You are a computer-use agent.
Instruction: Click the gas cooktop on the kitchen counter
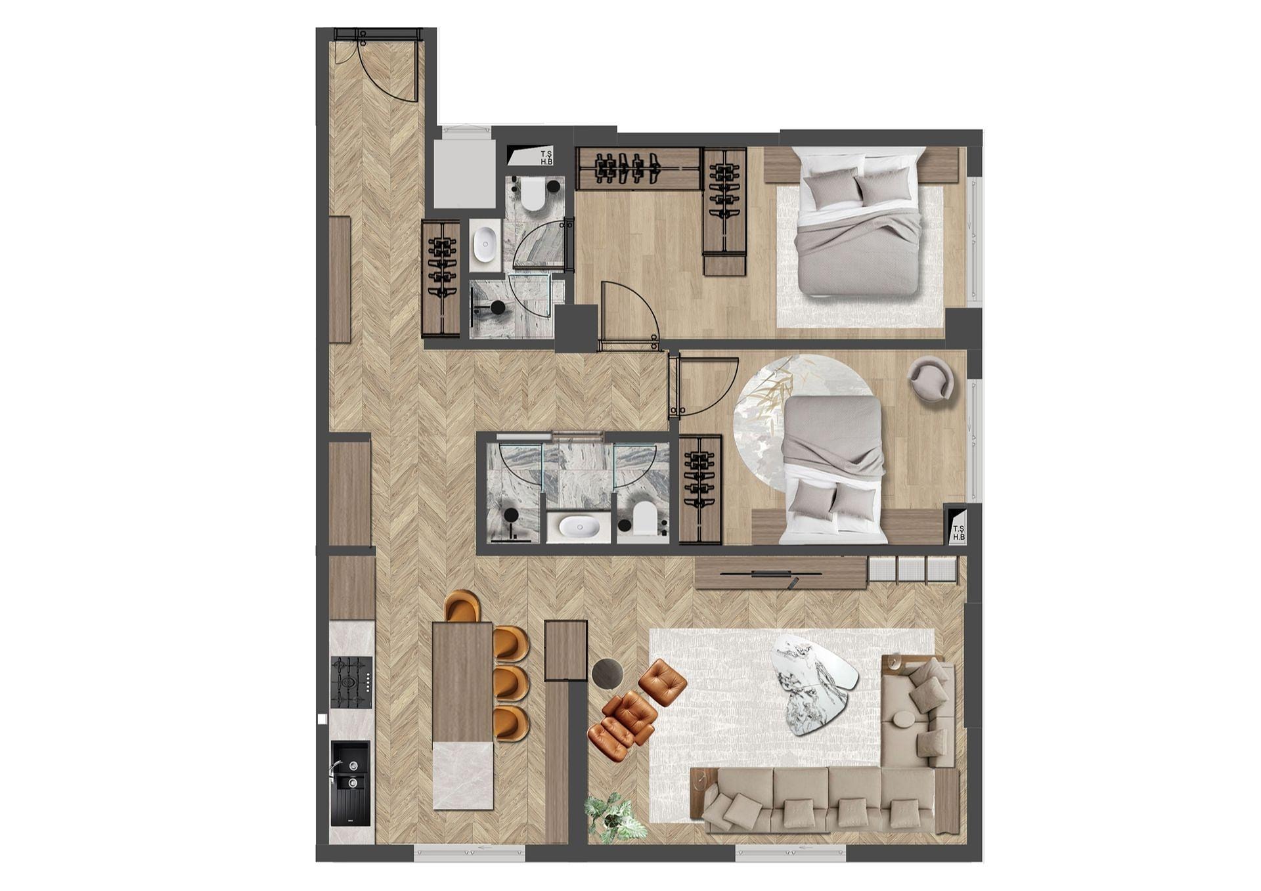[x=351, y=682]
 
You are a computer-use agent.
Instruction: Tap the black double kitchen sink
[x=350, y=783]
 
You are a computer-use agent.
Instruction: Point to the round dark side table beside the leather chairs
[x=608, y=673]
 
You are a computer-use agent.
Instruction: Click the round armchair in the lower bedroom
[x=930, y=379]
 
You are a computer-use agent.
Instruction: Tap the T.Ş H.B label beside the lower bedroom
[x=958, y=532]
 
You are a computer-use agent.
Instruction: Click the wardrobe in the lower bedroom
[x=700, y=489]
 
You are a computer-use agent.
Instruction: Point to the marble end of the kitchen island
[x=463, y=775]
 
